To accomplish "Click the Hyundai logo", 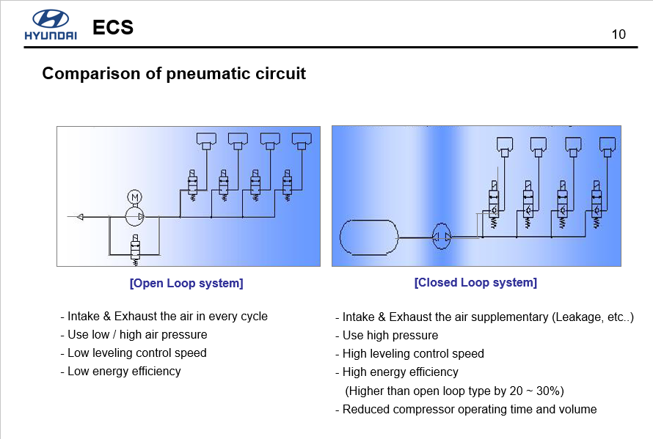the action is tap(51, 25).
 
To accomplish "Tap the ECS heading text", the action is tap(113, 27).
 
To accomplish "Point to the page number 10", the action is tap(619, 34).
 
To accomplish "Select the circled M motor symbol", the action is tap(134, 197).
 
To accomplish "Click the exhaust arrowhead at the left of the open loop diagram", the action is tap(80, 217).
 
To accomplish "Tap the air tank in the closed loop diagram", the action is tap(369, 237).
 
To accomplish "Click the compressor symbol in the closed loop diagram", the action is tap(442, 237).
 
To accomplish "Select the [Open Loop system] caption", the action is tap(186, 284).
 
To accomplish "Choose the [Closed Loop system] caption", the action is tap(475, 283).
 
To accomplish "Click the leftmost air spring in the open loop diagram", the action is tap(206, 141).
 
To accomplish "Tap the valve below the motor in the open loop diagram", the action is tap(135, 250).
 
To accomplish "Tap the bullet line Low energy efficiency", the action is tap(121, 371).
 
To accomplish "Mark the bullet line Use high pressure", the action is tap(387, 336).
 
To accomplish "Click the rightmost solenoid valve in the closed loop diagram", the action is tap(597, 204).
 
